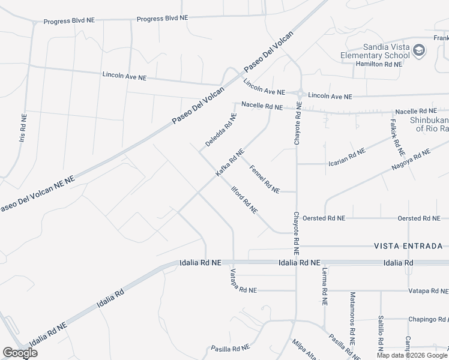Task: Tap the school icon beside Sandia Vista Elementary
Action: (x=419, y=51)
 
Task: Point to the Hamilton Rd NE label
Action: (x=378, y=63)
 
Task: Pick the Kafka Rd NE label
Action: (x=229, y=163)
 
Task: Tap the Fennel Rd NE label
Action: (x=264, y=179)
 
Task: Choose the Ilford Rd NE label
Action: (x=245, y=200)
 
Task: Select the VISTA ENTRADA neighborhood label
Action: (x=408, y=246)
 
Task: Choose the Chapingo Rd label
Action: (x=428, y=319)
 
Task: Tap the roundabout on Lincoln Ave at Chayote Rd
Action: (x=298, y=93)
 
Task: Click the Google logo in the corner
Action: (x=20, y=353)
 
